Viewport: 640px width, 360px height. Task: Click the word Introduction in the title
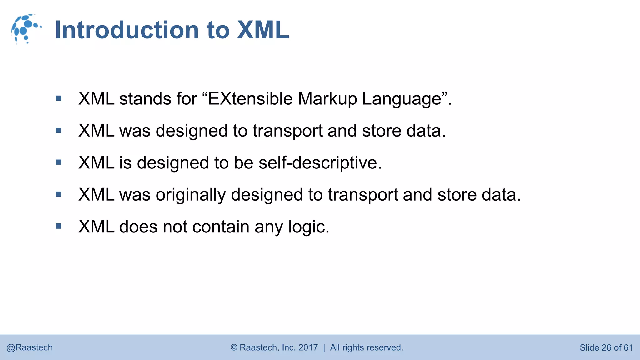(x=127, y=30)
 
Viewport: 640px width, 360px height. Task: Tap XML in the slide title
(x=263, y=30)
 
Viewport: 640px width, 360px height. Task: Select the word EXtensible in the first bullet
(x=250, y=99)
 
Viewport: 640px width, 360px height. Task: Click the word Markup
(x=327, y=99)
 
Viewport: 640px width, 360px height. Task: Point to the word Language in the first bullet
(x=402, y=99)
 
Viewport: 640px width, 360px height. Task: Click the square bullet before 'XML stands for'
(x=58, y=99)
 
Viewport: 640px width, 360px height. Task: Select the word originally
(x=191, y=195)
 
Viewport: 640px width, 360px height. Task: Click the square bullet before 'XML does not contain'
(x=58, y=226)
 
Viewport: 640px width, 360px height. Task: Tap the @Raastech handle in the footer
(x=30, y=347)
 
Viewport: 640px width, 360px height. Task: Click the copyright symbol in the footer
(x=234, y=347)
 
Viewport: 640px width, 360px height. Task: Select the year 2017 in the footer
(x=308, y=347)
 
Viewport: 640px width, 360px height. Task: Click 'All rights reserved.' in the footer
(x=367, y=347)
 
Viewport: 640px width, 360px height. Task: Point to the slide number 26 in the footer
(x=606, y=347)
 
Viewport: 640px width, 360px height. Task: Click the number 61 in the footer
(x=628, y=347)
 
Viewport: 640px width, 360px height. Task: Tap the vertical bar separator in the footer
(x=324, y=347)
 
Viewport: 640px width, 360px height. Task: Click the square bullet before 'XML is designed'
(x=58, y=162)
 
